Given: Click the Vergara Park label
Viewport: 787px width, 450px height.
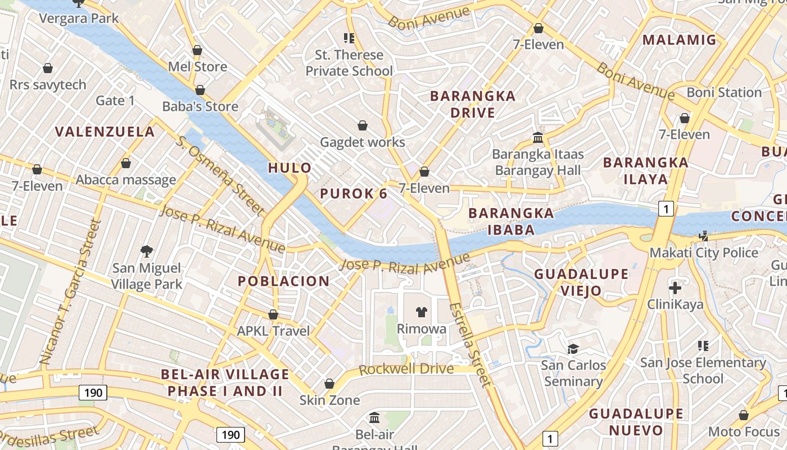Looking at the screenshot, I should click(79, 18).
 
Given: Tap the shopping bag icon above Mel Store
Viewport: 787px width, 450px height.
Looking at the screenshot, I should click(197, 50).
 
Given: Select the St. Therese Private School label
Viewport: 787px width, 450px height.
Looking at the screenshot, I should click(349, 63).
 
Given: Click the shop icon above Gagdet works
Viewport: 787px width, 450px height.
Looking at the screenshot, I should click(363, 125).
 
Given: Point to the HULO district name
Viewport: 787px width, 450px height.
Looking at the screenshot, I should click(290, 168).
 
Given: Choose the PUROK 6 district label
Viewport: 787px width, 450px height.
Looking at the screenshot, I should click(354, 194).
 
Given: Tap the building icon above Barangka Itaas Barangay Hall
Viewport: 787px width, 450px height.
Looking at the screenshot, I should click(538, 137).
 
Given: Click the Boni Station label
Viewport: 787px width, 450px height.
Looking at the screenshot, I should click(724, 92).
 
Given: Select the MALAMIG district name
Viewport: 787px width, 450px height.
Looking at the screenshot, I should click(679, 40).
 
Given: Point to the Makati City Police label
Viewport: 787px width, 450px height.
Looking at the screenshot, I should click(704, 253).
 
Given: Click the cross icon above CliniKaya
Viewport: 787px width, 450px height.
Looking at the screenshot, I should click(675, 288).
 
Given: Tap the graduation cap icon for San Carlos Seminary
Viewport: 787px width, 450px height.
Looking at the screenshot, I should click(573, 349).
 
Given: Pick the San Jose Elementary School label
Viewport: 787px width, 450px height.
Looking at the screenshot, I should click(703, 370).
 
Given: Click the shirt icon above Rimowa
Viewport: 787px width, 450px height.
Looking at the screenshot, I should click(421, 312).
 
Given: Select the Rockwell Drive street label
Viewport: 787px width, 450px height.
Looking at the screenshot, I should click(406, 369).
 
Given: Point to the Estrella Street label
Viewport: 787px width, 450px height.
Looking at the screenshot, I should click(471, 344).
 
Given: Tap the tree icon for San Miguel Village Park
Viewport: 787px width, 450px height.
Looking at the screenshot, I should click(147, 251).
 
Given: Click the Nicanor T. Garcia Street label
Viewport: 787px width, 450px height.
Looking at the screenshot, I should click(71, 291).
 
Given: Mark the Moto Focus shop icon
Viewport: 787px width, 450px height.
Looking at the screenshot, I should click(744, 416).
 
